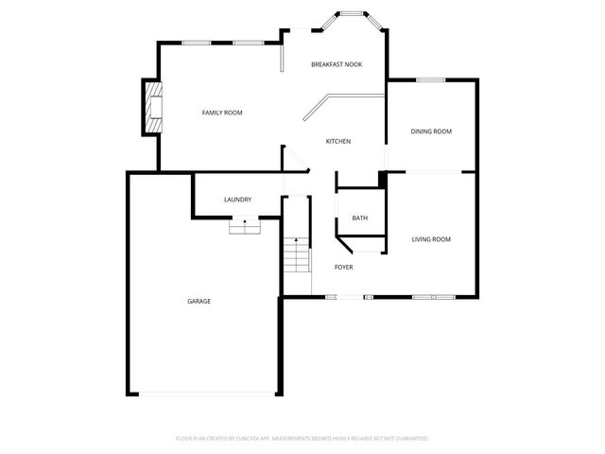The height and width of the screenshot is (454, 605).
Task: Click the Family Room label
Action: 222,113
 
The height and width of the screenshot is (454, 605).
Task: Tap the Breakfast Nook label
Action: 337,64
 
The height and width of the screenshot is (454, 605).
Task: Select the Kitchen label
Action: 338,142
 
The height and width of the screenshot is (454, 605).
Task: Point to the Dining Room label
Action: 431,131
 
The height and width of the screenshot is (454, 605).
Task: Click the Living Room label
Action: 431,239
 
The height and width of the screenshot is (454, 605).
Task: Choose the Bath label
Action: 359,218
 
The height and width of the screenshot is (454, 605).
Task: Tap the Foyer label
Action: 343,268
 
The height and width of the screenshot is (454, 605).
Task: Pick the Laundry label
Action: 237,200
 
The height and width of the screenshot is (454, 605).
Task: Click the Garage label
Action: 199,301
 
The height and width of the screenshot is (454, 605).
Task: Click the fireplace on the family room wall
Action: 150,107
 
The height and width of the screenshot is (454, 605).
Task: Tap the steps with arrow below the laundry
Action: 244,226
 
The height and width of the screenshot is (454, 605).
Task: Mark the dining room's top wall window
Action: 431,80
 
